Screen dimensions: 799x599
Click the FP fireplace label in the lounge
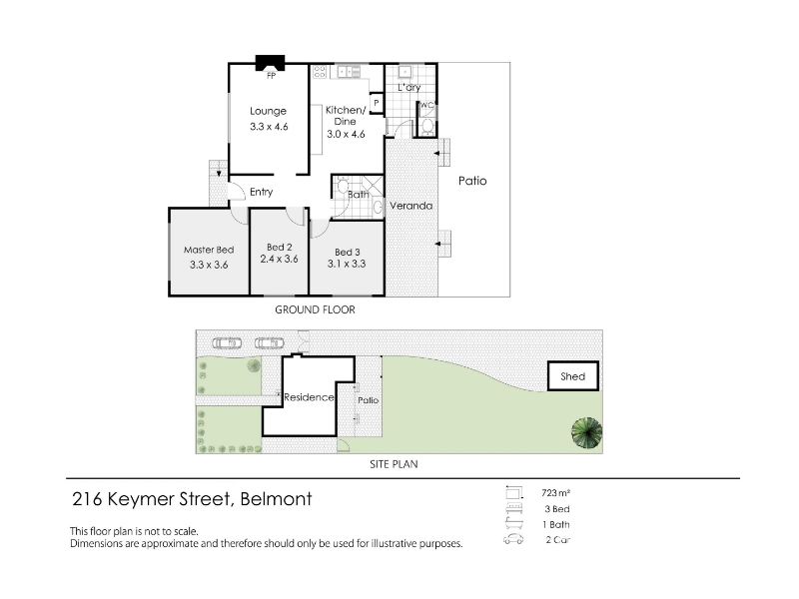click(271, 76)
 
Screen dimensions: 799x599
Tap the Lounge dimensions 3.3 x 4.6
click(269, 127)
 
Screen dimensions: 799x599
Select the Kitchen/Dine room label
click(346, 116)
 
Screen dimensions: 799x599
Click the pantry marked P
click(377, 104)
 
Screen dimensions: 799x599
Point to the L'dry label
click(409, 87)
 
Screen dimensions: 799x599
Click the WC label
click(427, 105)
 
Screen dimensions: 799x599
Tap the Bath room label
click(359, 194)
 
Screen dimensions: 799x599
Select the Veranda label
click(411, 206)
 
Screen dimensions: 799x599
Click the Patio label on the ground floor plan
click(472, 181)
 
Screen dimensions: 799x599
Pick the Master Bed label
click(209, 250)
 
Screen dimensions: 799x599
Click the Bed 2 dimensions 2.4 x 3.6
click(280, 259)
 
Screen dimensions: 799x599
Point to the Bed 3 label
click(348, 253)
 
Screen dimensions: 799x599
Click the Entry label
click(262, 192)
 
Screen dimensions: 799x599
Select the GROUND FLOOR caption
click(315, 309)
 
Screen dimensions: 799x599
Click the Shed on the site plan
click(573, 376)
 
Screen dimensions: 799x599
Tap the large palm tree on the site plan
click(586, 433)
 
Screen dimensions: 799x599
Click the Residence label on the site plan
click(309, 396)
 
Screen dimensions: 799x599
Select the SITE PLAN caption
click(394, 464)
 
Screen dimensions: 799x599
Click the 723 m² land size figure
click(556, 493)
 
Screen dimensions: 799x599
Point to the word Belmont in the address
click(276, 499)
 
